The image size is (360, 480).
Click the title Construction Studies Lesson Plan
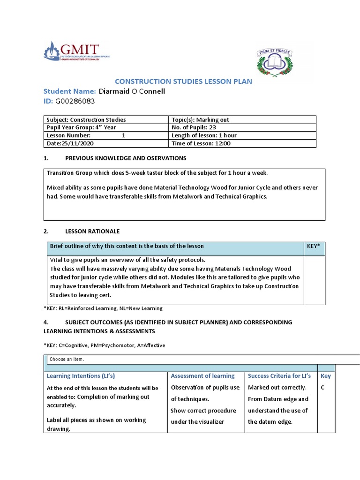183,82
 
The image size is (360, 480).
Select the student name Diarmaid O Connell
132,91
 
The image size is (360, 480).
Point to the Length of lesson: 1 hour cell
204,135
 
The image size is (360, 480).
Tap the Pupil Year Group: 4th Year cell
81,127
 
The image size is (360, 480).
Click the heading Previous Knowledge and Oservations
125,158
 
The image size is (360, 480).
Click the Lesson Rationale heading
92,231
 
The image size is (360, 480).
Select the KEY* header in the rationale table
312,246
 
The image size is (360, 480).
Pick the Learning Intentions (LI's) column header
81,376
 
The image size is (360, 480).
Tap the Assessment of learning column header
202,376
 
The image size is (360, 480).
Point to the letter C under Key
322,388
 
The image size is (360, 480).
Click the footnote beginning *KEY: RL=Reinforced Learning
103,308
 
